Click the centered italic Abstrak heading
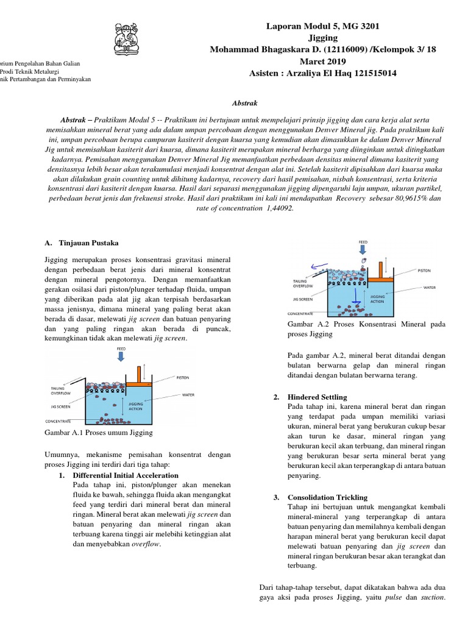pos(244,104)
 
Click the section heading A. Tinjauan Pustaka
pos(77,242)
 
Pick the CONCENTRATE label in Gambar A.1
pos(59,421)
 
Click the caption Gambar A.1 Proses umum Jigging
pos(99,432)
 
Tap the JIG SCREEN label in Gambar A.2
pos(303,299)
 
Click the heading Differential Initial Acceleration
pos(126,475)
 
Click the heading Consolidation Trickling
pos(327,497)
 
